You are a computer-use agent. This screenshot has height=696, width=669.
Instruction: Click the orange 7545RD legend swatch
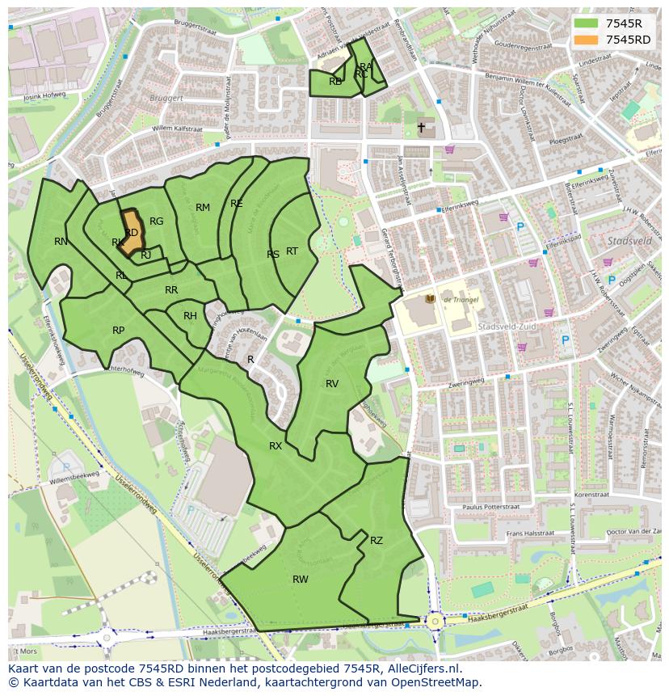tap(586, 40)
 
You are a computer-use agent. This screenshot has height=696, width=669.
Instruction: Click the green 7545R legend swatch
tap(586, 23)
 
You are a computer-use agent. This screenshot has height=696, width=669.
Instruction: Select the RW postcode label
tap(301, 579)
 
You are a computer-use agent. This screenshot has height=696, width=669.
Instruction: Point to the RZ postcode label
tap(377, 540)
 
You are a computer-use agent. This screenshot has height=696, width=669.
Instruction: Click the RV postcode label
tap(332, 383)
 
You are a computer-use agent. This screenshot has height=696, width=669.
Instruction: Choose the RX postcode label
tap(276, 445)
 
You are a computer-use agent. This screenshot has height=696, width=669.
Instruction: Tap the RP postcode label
tap(119, 330)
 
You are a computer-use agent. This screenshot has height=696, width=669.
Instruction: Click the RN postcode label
tap(61, 241)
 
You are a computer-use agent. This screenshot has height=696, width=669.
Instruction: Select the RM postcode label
tap(203, 208)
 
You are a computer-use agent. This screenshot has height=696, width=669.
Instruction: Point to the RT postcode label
tap(292, 251)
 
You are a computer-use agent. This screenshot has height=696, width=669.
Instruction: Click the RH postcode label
tap(190, 315)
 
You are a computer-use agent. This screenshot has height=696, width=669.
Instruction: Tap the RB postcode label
tap(335, 81)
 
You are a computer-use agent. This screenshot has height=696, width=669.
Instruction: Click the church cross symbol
tap(421, 128)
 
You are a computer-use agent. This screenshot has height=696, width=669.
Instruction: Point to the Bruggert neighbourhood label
tap(166, 98)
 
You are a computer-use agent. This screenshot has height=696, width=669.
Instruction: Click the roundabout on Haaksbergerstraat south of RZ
tap(435, 621)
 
